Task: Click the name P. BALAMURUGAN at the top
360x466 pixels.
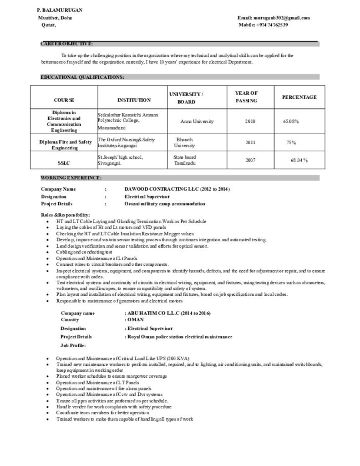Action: (x=60, y=10)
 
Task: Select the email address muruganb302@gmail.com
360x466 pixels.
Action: (x=274, y=18)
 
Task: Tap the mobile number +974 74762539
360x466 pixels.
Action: (x=263, y=25)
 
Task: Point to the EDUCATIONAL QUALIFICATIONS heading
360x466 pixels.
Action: (x=82, y=77)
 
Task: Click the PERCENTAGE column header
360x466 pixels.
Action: (x=299, y=97)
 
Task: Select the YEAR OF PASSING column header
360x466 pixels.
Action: (x=246, y=97)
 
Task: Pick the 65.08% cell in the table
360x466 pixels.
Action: (x=291, y=122)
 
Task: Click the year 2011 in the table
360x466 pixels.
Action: (x=250, y=142)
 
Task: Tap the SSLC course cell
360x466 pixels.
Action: (x=64, y=162)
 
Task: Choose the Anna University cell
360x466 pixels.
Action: (x=197, y=122)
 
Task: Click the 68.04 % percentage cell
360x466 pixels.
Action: (x=299, y=160)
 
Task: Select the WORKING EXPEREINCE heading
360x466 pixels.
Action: (x=71, y=177)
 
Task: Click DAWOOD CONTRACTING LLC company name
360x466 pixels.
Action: (x=177, y=189)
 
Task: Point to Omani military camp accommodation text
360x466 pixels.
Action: (x=165, y=204)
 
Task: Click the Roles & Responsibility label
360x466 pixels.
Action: (x=66, y=214)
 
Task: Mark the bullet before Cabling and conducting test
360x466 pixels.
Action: (x=48, y=252)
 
